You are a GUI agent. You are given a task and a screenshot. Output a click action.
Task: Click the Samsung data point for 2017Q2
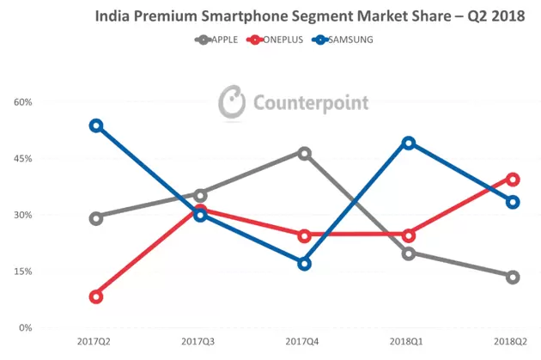(96, 125)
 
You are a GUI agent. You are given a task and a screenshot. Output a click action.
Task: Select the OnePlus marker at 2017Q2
(96, 296)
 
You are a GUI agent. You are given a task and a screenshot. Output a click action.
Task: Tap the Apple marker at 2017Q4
(304, 153)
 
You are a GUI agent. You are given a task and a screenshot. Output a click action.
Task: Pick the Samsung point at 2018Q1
(409, 143)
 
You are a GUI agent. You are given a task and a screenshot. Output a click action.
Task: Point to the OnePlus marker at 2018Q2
(513, 179)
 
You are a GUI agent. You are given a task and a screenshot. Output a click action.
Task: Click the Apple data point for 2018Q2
(513, 277)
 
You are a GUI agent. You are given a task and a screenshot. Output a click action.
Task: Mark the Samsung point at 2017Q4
(304, 264)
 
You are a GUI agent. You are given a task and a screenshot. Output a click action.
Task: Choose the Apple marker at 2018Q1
(409, 253)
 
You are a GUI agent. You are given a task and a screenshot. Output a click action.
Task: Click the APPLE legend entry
(218, 40)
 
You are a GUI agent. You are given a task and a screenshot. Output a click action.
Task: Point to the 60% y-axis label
(21, 102)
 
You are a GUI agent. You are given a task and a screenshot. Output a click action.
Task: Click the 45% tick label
(21, 159)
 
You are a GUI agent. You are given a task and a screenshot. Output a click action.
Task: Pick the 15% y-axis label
(21, 272)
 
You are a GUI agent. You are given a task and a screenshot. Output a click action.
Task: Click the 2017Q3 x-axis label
(200, 341)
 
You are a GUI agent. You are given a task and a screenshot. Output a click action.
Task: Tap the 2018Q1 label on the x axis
(409, 341)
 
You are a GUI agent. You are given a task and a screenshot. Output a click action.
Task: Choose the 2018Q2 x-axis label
(513, 341)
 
